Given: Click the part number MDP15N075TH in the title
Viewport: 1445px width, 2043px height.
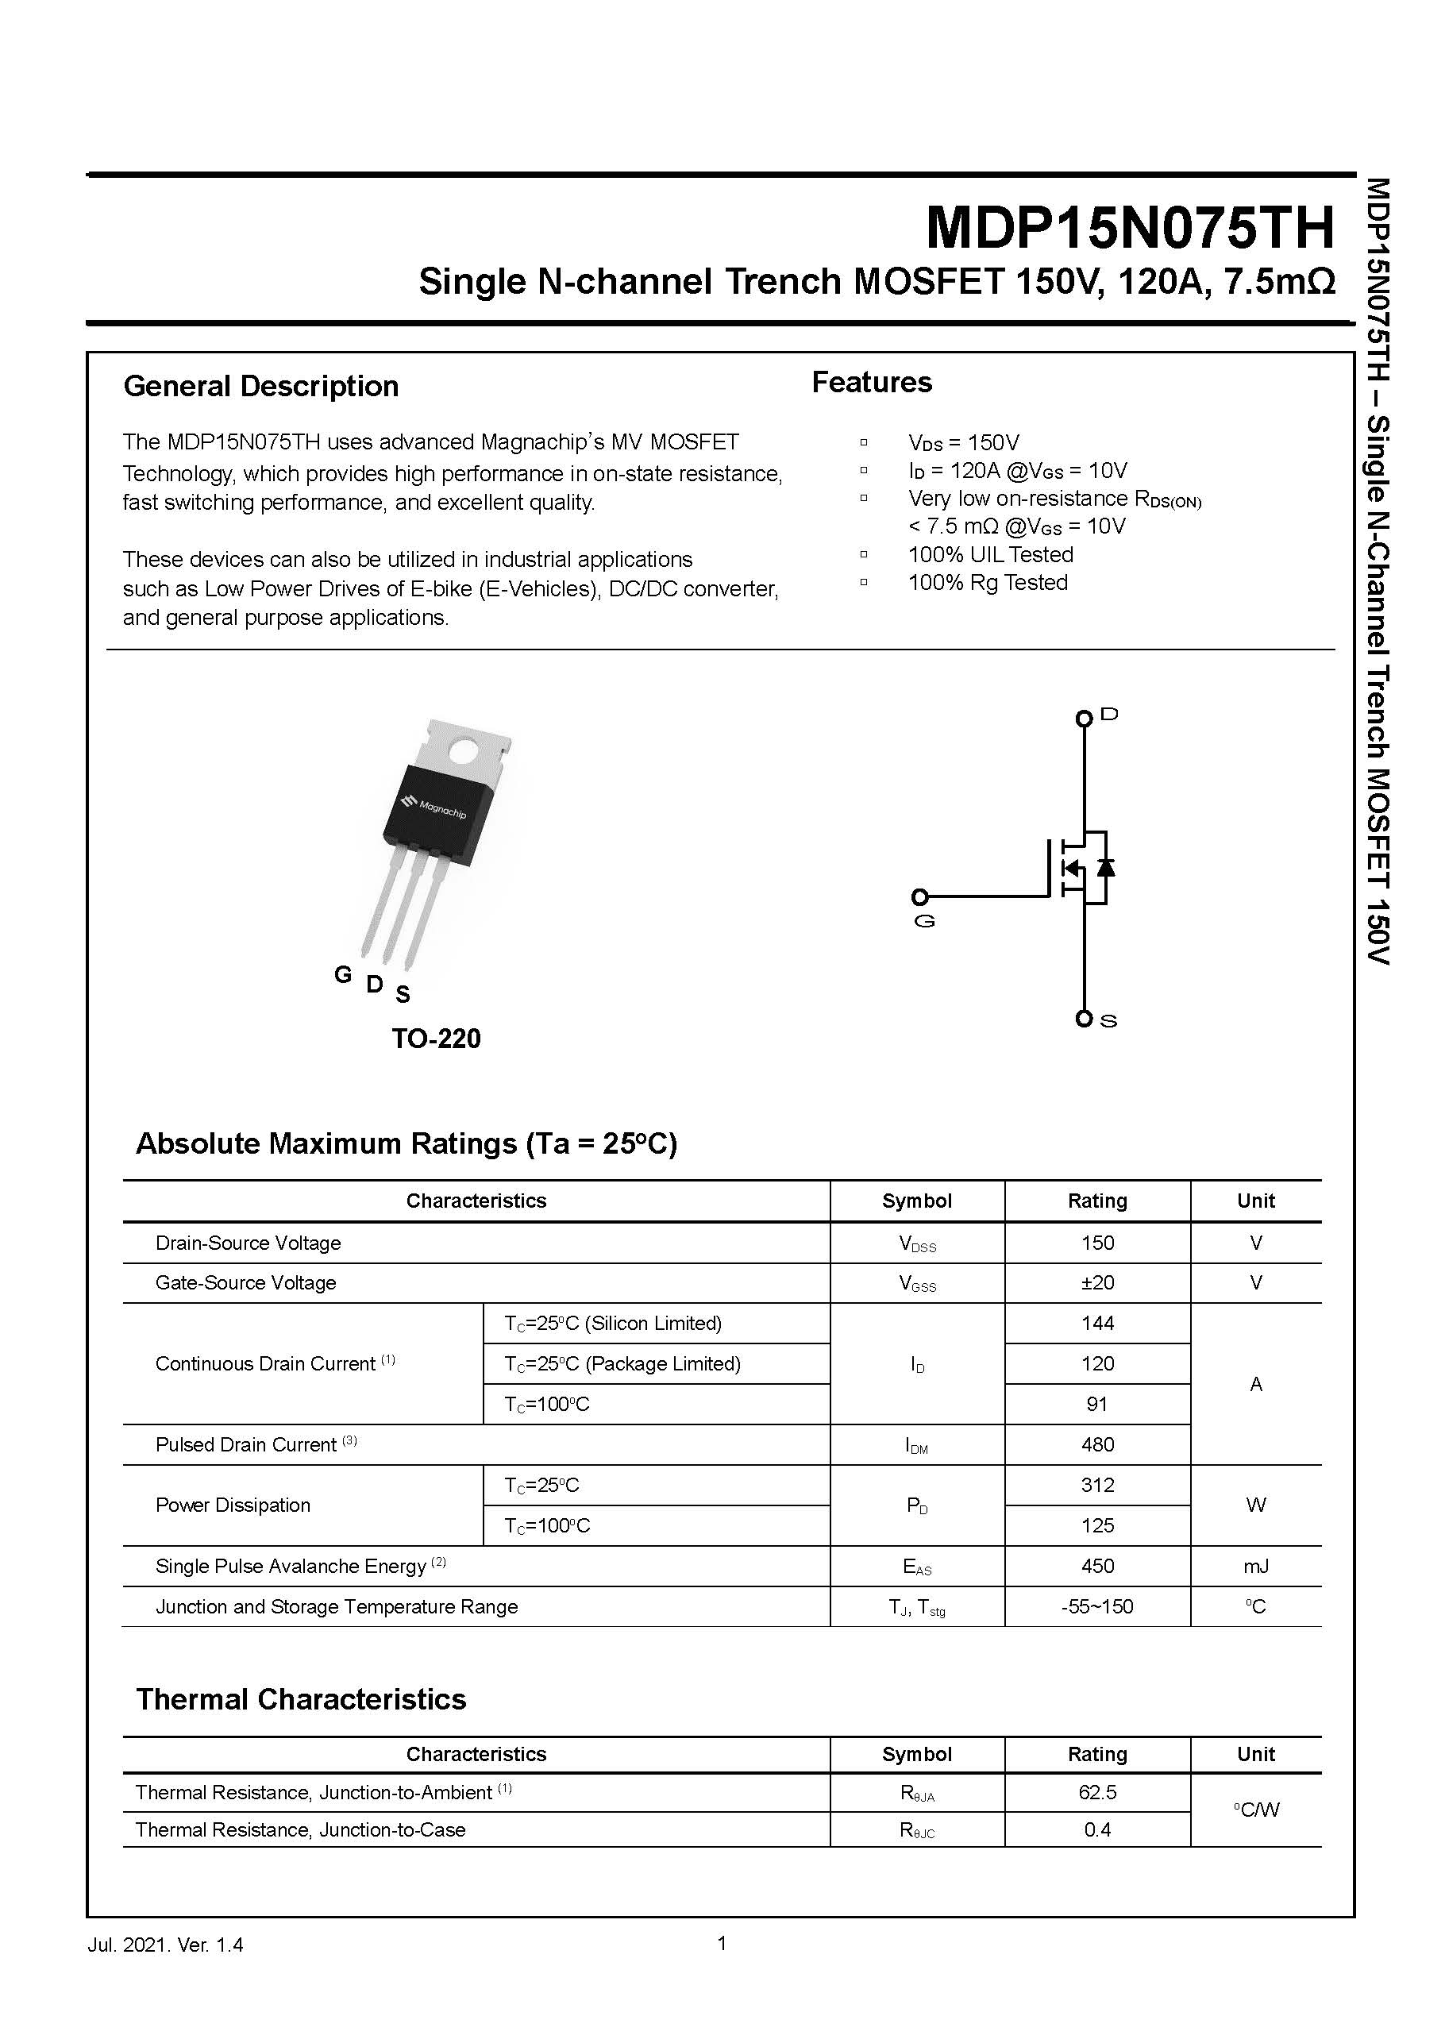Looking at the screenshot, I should pyautogui.click(x=1129, y=228).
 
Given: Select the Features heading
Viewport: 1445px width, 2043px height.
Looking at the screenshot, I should pyautogui.click(x=871, y=382).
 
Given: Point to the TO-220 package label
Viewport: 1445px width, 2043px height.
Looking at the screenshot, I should pyautogui.click(x=436, y=1039).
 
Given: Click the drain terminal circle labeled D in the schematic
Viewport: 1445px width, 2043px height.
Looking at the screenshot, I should pyautogui.click(x=1083, y=718).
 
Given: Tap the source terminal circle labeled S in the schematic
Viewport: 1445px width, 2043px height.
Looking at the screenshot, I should pyautogui.click(x=1083, y=1019).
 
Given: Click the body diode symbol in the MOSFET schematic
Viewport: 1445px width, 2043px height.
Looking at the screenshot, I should pyautogui.click(x=1106, y=867).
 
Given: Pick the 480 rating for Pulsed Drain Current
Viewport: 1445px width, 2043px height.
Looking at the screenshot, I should pyautogui.click(x=1097, y=1444).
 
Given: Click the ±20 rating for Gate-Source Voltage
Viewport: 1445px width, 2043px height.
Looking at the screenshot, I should pyautogui.click(x=1097, y=1282).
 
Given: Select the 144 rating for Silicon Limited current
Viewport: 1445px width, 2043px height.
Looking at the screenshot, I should pyautogui.click(x=1097, y=1323).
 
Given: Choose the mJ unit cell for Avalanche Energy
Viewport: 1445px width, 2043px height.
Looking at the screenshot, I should pyautogui.click(x=1255, y=1566).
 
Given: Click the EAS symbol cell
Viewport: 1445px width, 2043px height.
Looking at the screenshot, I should pyautogui.click(x=916, y=1567).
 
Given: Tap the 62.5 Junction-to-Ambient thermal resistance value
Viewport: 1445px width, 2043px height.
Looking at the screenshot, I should pyautogui.click(x=1097, y=1792).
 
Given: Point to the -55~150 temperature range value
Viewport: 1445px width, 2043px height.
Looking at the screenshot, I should pyautogui.click(x=1097, y=1606).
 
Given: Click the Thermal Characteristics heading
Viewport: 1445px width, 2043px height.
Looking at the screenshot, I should pyautogui.click(x=301, y=1698).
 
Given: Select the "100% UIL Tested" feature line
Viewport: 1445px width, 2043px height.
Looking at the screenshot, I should pyautogui.click(x=990, y=554).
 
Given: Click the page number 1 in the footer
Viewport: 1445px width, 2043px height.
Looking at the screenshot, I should pyautogui.click(x=722, y=1942).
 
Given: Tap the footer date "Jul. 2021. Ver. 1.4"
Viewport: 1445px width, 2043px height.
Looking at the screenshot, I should pyautogui.click(x=165, y=1945).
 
